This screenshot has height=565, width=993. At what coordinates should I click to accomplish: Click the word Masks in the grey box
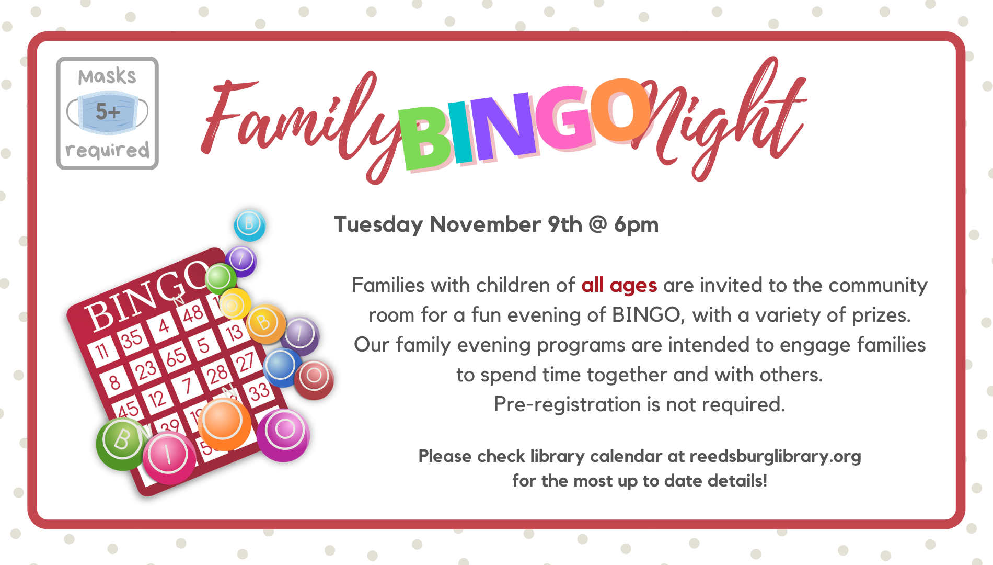(107, 76)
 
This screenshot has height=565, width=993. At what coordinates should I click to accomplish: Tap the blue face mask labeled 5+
(107, 112)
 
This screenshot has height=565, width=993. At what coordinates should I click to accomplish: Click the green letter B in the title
(425, 138)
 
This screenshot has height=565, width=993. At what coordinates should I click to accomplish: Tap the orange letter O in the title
(622, 110)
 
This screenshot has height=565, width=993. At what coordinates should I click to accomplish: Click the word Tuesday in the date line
(379, 225)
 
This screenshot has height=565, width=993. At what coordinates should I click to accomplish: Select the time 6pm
(636, 225)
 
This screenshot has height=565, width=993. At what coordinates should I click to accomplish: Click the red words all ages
(619, 286)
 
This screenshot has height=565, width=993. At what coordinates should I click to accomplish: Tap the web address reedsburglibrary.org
(775, 456)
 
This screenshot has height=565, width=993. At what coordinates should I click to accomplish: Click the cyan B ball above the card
(250, 225)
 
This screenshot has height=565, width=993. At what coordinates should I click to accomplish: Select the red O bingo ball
(314, 380)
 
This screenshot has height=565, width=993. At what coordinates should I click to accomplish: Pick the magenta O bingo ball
(283, 435)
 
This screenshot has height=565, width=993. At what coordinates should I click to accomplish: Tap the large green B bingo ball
(122, 444)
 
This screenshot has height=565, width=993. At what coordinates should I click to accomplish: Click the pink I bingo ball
(169, 458)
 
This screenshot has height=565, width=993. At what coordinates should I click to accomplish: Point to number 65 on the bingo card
(176, 357)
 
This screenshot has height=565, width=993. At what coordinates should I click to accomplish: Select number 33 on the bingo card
(259, 392)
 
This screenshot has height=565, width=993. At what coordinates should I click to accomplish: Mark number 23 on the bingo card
(146, 370)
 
